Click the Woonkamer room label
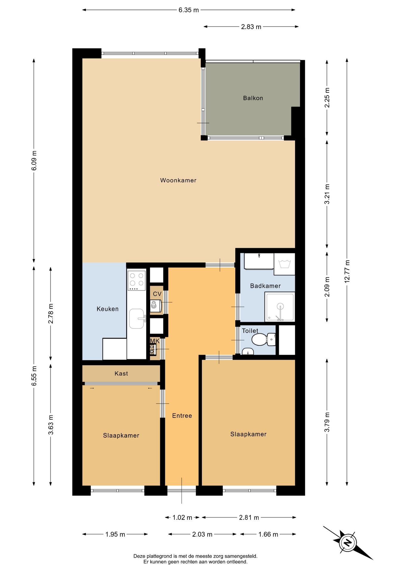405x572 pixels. pos(178,180)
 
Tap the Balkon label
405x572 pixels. pos(253,98)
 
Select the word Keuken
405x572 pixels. pos(108,309)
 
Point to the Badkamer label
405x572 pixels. pos(265,286)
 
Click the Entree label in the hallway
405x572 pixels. pos(182,416)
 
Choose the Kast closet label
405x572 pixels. pos(121,373)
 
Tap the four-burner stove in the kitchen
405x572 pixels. pos(137,280)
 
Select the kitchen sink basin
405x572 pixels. pos(137,318)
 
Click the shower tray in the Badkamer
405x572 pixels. pos(280,307)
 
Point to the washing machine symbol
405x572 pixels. pos(285,264)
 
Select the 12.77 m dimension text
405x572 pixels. pos(347,271)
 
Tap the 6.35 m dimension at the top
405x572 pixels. pos(188,10)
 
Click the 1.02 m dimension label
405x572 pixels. pos(182,517)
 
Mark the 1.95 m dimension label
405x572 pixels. pos(115,534)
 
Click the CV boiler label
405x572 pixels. pos(157,294)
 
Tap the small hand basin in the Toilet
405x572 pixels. pos(248,352)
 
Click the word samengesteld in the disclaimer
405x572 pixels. pos(241,556)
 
